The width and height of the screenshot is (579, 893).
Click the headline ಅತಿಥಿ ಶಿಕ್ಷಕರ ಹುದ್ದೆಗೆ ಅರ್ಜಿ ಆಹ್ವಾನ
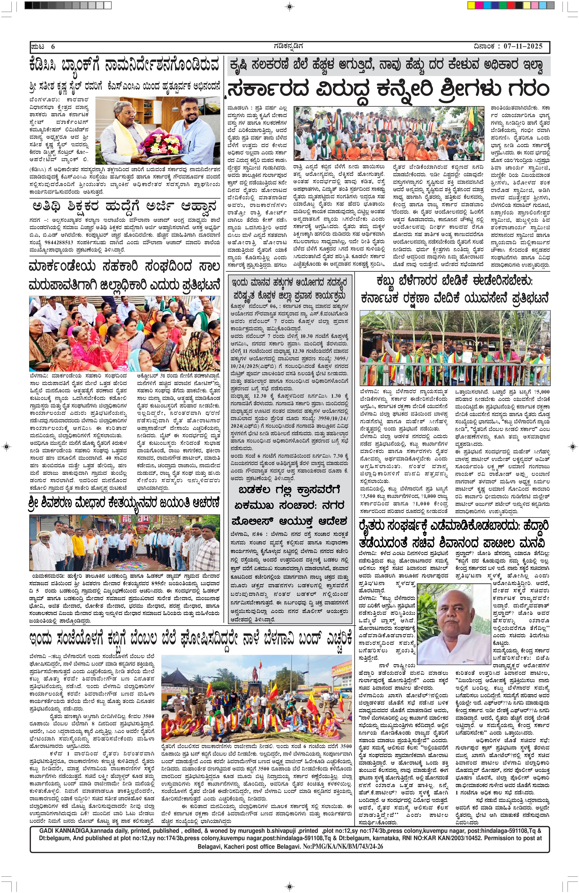[x=124, y=207]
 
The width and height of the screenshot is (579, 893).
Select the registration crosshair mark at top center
[x=289, y=6]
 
